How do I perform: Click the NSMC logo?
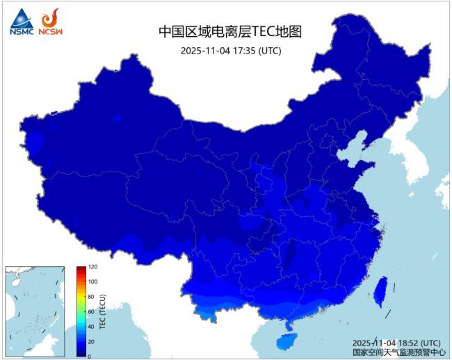click(21, 22)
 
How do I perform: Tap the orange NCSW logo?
click(50, 22)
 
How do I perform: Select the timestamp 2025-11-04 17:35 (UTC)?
click(230, 51)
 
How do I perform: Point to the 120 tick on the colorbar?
click(92, 267)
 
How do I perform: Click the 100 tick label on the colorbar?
click(92, 281)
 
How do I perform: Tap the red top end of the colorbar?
click(81, 269)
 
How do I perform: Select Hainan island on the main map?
click(284, 342)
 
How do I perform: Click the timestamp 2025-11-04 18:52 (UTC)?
click(396, 343)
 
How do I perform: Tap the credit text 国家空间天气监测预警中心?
click(398, 352)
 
